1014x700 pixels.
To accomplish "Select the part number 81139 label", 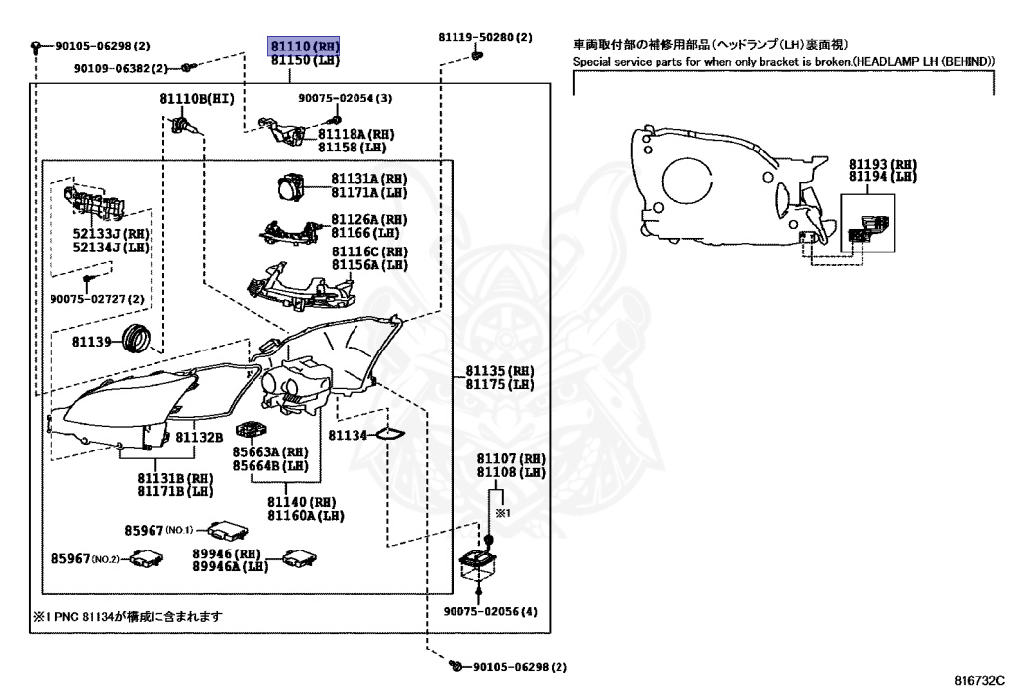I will click(x=94, y=341).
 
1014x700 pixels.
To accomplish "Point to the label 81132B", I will click(x=200, y=436).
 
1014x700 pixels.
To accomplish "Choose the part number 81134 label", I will click(x=348, y=435).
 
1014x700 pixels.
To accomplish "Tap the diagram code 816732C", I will click(x=979, y=681).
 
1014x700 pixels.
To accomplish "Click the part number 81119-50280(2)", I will click(x=485, y=37).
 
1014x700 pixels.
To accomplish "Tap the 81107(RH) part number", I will click(x=511, y=459).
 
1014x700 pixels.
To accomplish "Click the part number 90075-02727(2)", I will click(x=97, y=298).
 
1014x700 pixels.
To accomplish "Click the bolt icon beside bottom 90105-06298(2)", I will click(x=455, y=666).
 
